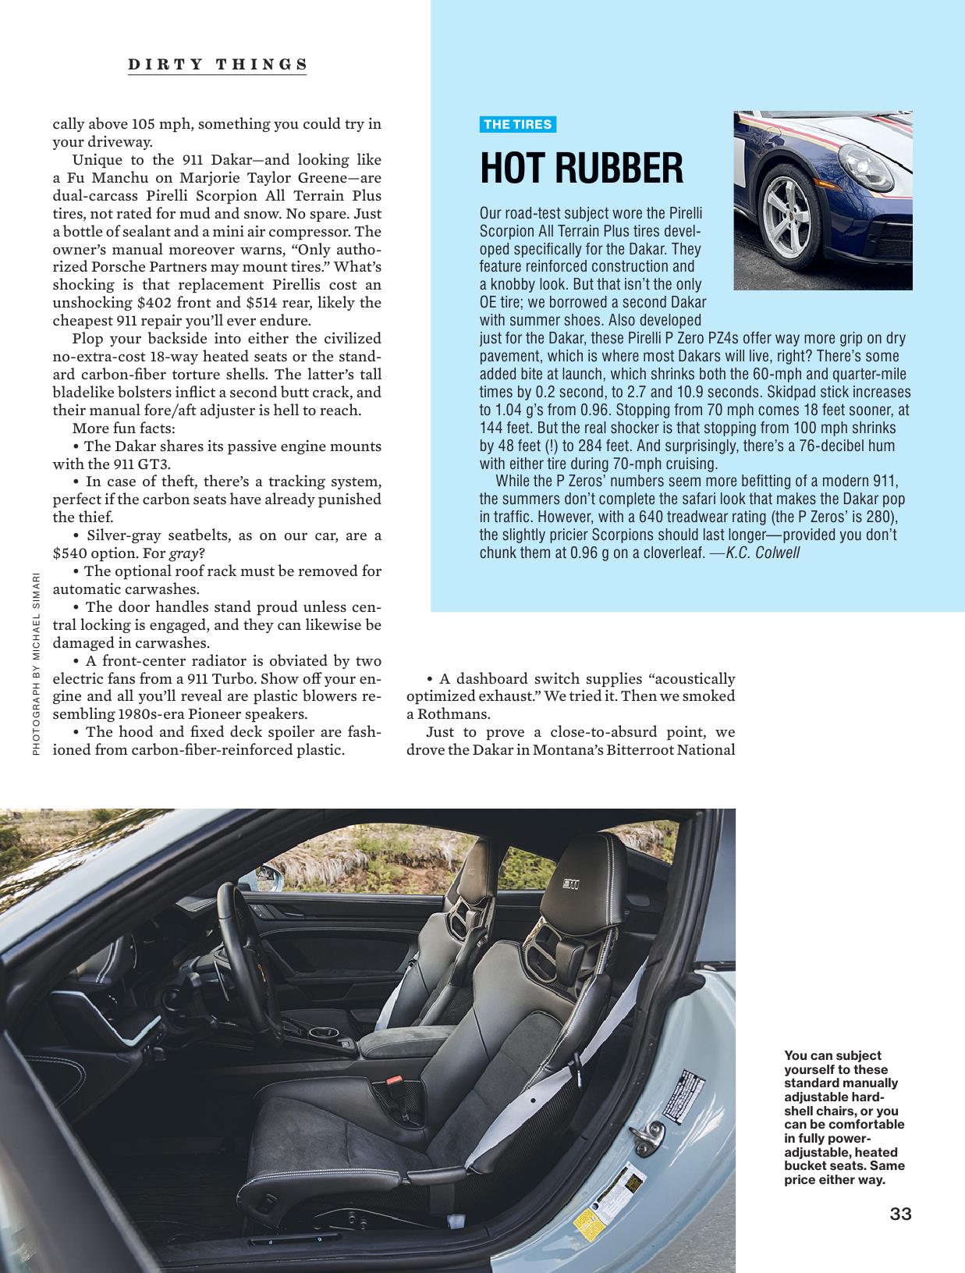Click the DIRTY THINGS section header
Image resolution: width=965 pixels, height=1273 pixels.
[x=218, y=64]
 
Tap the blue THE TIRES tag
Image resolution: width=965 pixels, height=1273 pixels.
[x=517, y=124]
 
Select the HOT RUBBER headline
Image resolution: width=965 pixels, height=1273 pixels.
[x=581, y=167]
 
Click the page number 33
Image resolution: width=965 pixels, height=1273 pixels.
[x=900, y=1214]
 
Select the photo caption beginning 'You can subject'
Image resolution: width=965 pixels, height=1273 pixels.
[x=844, y=1117]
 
